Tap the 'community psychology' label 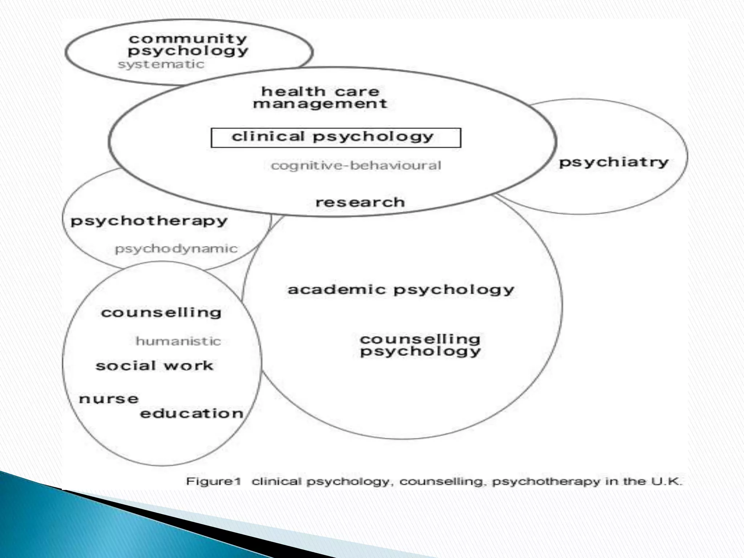188,45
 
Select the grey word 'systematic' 161,65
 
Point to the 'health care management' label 320,97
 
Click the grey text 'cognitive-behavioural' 356,166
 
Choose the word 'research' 360,202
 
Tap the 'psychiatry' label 614,162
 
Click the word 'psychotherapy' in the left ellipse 149,221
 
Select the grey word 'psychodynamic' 176,249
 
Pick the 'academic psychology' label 401,290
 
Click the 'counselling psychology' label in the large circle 420,345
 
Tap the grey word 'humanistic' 178,341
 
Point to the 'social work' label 154,366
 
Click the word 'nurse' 109,399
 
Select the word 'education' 192,413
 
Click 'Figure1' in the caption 214,481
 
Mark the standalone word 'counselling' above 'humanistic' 161,313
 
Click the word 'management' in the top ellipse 320,104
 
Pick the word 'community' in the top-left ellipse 188,39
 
